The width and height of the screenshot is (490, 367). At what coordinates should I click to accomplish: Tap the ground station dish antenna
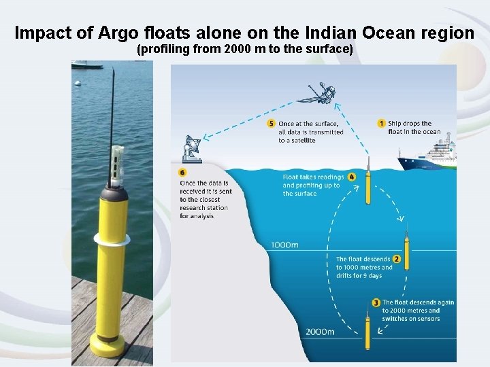[x=193, y=148]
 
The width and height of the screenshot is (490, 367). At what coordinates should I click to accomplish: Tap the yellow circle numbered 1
[x=382, y=123]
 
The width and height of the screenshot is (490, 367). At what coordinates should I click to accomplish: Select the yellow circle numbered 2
[x=397, y=259]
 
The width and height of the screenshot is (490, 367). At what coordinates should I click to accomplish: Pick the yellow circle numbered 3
[x=376, y=302]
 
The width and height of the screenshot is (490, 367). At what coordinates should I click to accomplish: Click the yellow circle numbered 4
[x=352, y=177]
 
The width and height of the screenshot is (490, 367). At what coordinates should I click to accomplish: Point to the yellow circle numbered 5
[x=272, y=124]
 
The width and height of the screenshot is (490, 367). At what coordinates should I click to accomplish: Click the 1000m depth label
[x=284, y=245]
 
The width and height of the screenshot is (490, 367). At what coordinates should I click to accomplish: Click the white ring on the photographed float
[x=112, y=239]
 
